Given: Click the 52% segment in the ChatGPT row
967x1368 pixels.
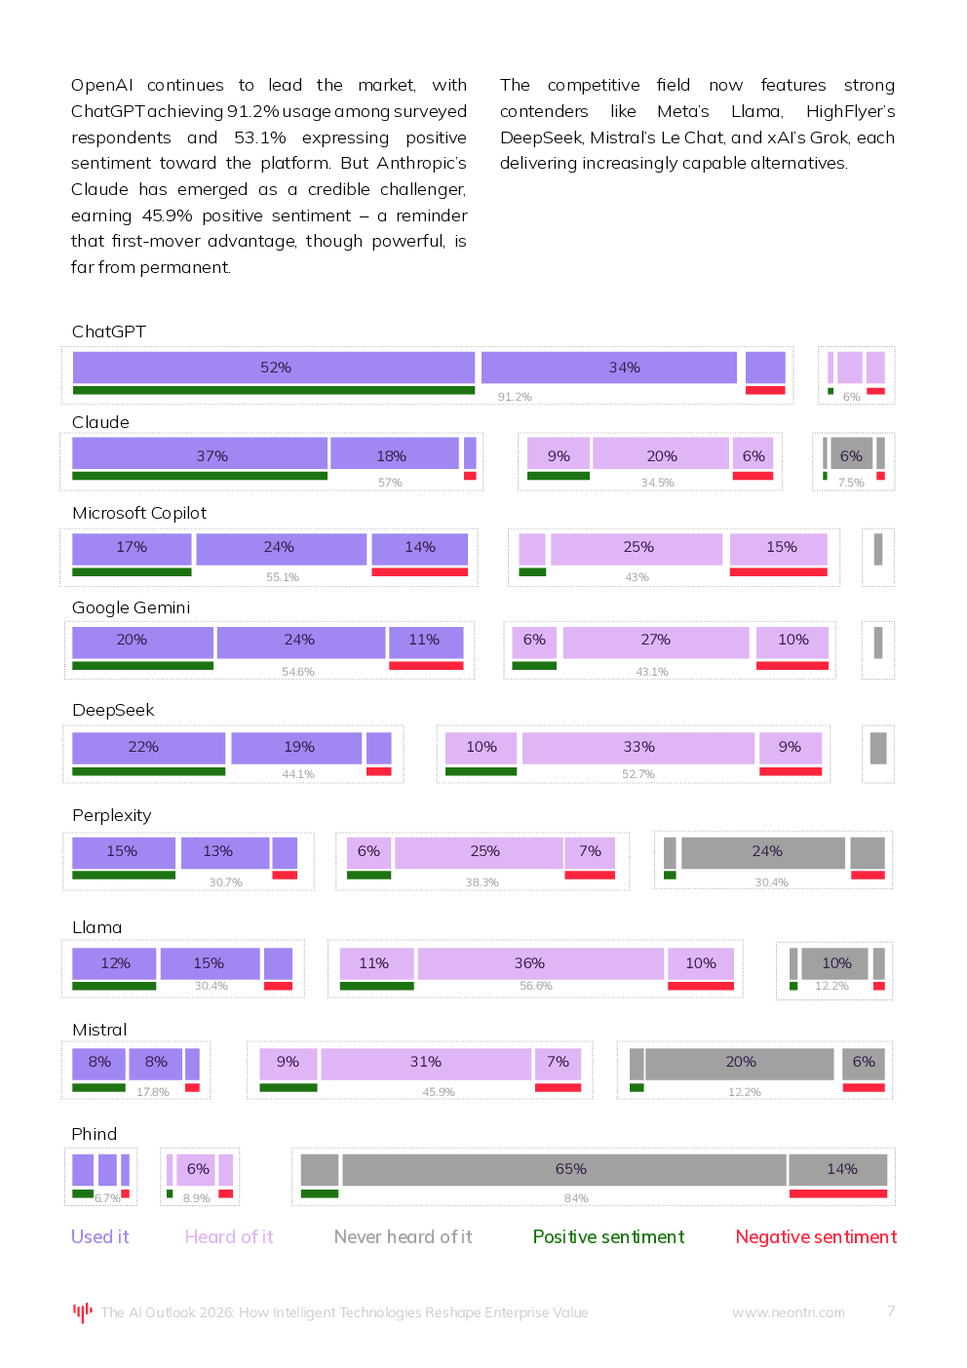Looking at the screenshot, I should coord(275,368).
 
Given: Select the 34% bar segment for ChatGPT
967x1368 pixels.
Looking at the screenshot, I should coord(624,368).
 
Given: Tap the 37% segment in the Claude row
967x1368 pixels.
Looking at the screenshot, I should coord(212,455).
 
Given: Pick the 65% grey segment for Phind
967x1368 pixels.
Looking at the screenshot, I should coord(570,1169).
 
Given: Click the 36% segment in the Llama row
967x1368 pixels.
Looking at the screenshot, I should coord(529,963).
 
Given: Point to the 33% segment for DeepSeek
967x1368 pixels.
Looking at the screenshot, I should coord(638,747).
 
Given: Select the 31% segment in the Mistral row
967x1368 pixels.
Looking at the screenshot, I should coord(425,1062).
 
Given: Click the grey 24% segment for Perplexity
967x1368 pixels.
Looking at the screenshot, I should coord(766,851).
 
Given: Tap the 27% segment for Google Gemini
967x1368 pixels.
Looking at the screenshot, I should coord(655,641).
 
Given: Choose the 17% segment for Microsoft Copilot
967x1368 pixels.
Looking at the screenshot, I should coord(132,547).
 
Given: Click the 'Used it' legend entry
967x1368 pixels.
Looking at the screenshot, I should coord(99,1236).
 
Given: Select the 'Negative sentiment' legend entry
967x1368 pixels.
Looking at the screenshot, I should coord(816,1236).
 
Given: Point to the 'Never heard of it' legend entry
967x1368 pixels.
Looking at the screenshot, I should coord(403,1236).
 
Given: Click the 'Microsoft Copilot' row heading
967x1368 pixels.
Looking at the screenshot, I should coord(139,513).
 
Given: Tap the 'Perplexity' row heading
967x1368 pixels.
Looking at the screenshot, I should coord(111,815).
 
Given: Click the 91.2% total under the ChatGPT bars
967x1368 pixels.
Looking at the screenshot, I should coord(515,397).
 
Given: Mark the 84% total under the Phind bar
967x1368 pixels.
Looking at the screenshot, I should coord(576,1198).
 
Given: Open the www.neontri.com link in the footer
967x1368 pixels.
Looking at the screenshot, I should coord(788,1312).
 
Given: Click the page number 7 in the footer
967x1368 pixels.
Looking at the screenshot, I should coord(891,1311).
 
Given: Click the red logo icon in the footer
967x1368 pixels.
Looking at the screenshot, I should coord(83,1312).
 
